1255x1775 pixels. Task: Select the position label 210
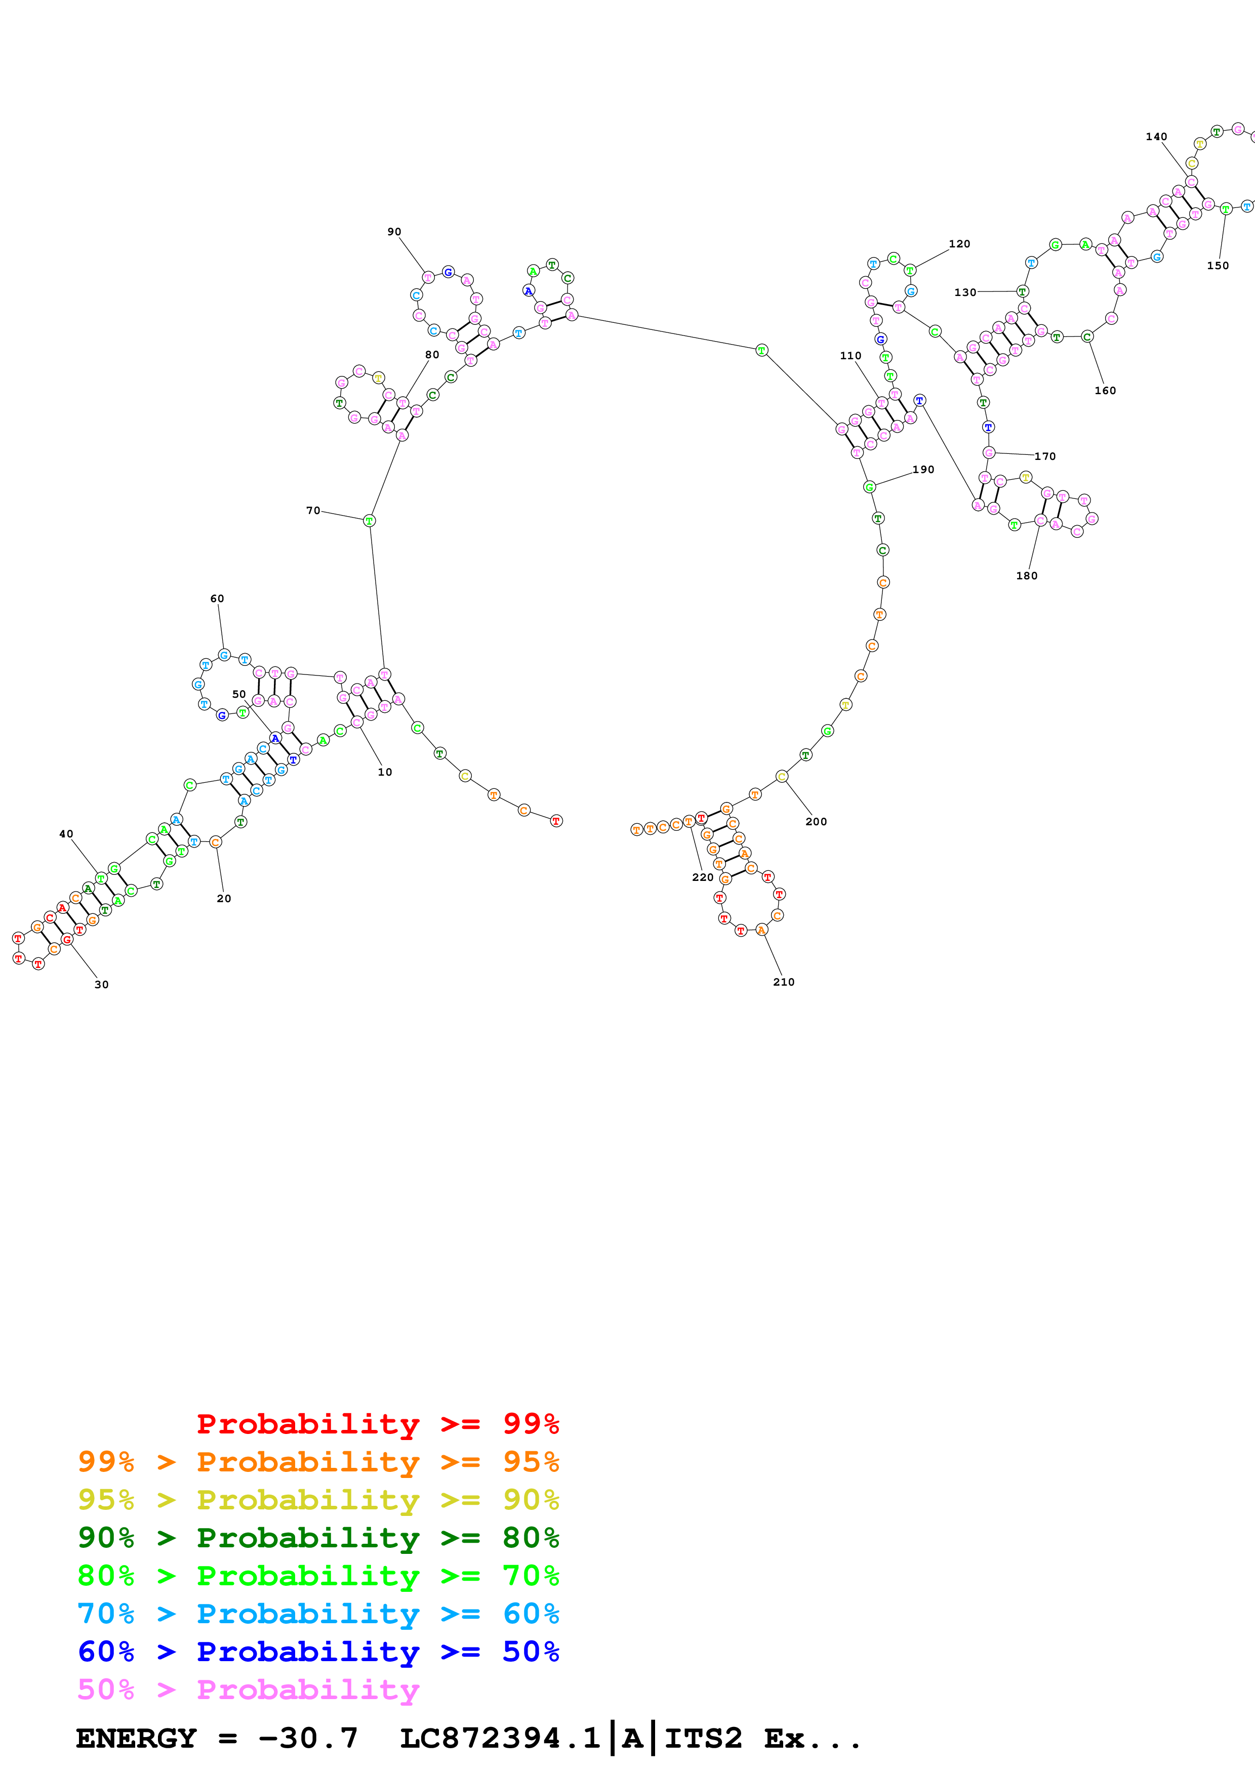(783, 982)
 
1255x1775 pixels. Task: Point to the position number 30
(101, 984)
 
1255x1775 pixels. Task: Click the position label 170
(1045, 456)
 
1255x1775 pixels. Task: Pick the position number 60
(217, 599)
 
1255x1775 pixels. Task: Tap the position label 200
(816, 822)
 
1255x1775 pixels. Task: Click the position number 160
(1105, 391)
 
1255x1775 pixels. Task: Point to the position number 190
(923, 469)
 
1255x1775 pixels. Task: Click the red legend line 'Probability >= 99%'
(377, 1423)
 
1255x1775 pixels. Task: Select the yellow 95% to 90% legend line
(318, 1499)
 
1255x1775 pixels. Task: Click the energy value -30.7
(308, 1738)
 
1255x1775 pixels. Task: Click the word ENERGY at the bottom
(136, 1738)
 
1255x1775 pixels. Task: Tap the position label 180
(1026, 576)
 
